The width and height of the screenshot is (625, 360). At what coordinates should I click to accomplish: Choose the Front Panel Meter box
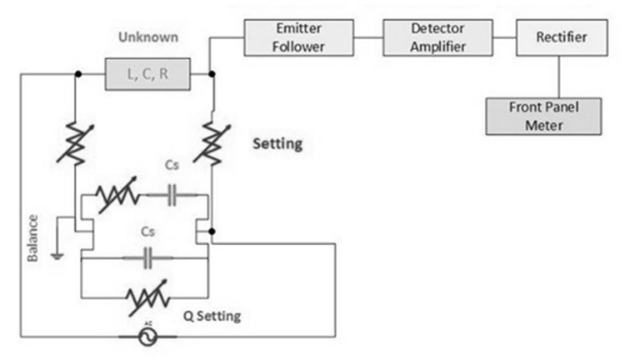pyautogui.click(x=542, y=117)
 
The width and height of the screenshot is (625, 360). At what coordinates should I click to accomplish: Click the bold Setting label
pyautogui.click(x=277, y=144)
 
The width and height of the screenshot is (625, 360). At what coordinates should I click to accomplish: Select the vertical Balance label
pyautogui.click(x=32, y=238)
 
